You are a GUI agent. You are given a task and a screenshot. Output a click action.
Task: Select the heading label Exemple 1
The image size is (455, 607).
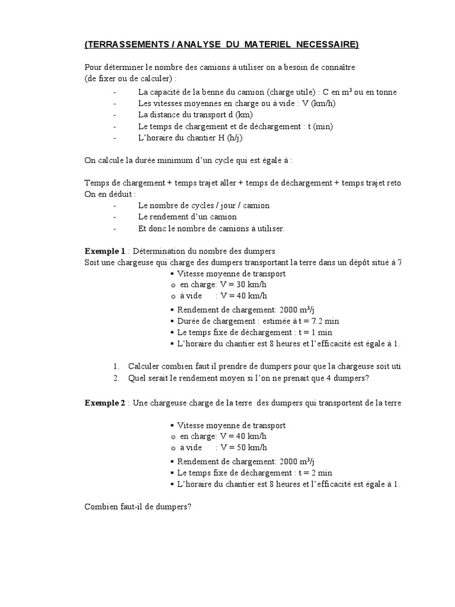pos(105,251)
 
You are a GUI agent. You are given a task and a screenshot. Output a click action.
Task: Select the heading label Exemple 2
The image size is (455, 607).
pos(105,403)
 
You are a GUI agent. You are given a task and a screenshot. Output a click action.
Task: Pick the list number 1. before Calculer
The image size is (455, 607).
pos(116,367)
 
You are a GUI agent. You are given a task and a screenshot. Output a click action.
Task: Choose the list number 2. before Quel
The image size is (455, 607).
pos(116,378)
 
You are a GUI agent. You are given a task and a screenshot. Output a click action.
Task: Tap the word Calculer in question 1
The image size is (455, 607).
pos(146,367)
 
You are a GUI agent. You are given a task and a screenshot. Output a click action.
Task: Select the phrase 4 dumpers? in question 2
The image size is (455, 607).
pos(350,378)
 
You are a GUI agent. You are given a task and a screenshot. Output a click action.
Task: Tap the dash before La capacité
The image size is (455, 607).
pos(114,92)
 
